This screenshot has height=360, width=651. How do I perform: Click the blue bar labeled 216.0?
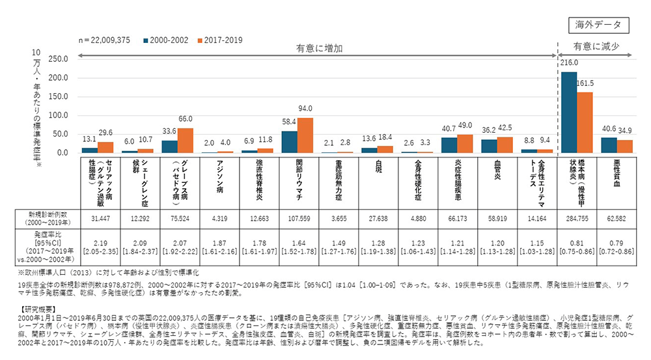pyautogui.click(x=569, y=112)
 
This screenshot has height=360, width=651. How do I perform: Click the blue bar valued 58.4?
pyautogui.click(x=290, y=142)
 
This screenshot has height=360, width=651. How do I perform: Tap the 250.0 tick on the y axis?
pyautogui.click(x=58, y=59)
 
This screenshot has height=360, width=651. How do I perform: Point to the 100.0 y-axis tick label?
pyautogui.click(x=58, y=115)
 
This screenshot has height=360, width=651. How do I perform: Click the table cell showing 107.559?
pyautogui.click(x=298, y=217)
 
